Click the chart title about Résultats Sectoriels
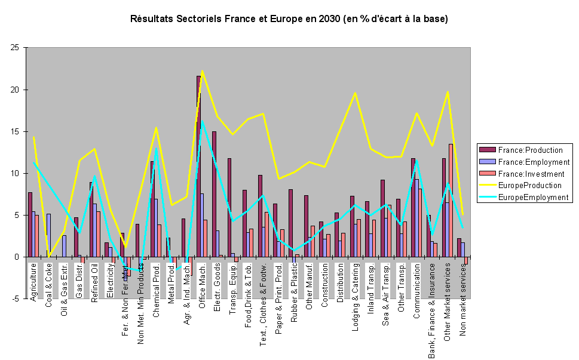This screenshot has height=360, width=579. point(289,19)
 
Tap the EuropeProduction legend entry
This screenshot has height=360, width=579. point(532,186)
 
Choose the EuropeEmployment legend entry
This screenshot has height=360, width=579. point(532,197)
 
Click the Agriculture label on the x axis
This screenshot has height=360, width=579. point(33,281)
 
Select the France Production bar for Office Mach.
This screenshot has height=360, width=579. point(198,167)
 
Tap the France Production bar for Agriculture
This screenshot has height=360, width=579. point(30,224)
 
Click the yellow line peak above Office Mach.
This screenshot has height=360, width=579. point(202,71)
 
